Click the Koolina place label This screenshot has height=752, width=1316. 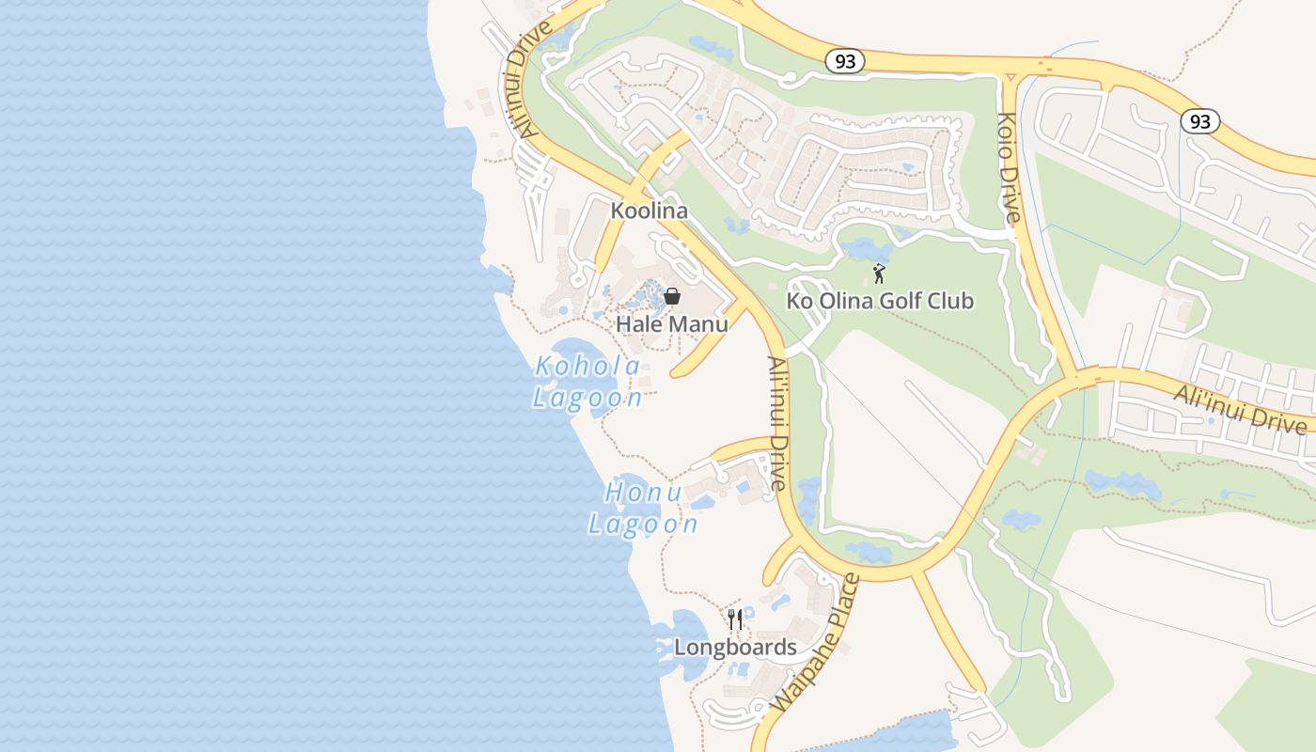point(649,211)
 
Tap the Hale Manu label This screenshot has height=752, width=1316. point(671,324)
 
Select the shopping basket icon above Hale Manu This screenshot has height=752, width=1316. point(672,296)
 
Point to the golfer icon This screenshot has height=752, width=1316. point(879,274)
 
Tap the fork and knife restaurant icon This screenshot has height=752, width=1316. point(735,619)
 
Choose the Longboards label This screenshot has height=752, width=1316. point(735,648)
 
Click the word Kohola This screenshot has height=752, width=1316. point(587,367)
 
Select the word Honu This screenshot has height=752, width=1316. point(642,492)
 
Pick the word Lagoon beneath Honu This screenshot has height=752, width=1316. point(643,524)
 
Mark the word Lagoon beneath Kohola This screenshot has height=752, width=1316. point(587,398)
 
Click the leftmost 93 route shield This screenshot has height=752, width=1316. point(845,61)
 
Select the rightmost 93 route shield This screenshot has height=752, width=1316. point(1199,120)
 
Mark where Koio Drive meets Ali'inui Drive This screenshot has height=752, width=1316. point(1073,376)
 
